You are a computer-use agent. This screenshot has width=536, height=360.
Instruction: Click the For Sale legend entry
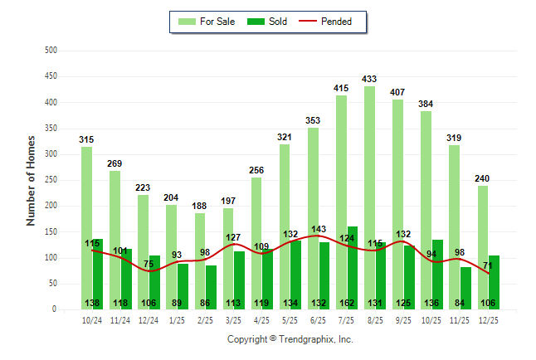[207, 22]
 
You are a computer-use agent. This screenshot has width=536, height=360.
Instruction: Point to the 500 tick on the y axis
[51, 51]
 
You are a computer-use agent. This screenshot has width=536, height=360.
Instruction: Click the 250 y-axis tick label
[51, 180]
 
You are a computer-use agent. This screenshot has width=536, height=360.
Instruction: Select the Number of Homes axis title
[31, 180]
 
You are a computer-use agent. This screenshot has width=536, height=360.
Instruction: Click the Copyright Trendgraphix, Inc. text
[290, 339]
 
